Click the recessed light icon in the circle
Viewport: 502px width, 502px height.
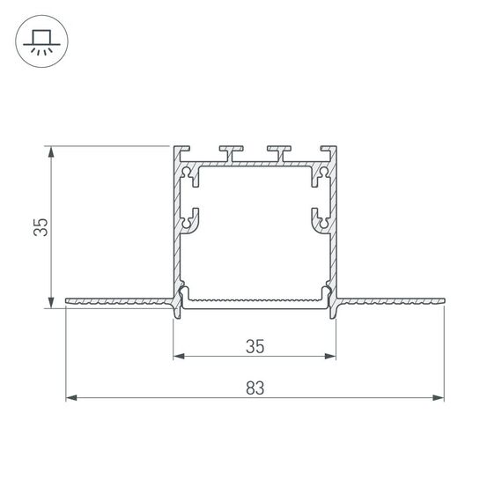tap(41, 42)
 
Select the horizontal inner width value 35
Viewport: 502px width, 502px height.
tap(255, 346)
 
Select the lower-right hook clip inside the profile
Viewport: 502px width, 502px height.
tap(320, 219)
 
